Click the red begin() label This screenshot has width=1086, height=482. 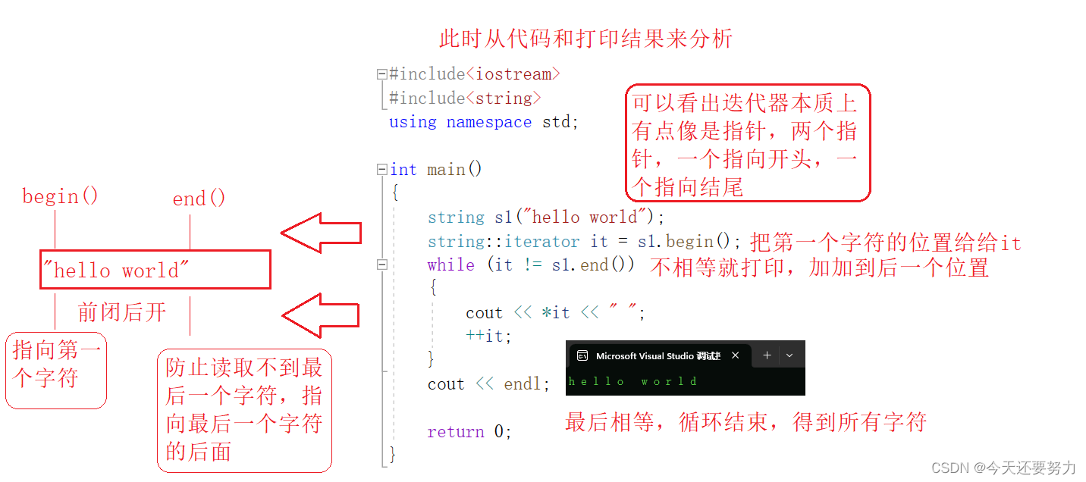pyautogui.click(x=60, y=197)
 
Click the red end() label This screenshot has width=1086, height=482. pyautogui.click(x=199, y=199)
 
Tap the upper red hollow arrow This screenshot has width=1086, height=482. pyautogui.click(x=321, y=233)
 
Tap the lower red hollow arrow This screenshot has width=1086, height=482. pyautogui.click(x=321, y=315)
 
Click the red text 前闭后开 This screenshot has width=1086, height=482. pyautogui.click(x=121, y=312)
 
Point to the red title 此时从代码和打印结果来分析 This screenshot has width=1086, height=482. pyautogui.click(x=585, y=39)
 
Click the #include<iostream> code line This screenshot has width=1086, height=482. pyautogui.click(x=475, y=74)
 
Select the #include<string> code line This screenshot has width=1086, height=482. pyautogui.click(x=465, y=99)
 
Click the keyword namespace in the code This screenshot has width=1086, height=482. pyautogui.click(x=488, y=122)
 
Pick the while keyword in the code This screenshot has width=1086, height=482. pyautogui.click(x=451, y=265)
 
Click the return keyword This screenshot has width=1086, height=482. pyautogui.click(x=456, y=432)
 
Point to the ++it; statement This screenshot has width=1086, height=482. pyautogui.click(x=488, y=336)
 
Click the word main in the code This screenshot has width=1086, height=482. pyautogui.click(x=446, y=170)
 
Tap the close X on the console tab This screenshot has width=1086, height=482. pyautogui.click(x=736, y=355)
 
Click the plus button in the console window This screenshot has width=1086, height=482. pyautogui.click(x=767, y=355)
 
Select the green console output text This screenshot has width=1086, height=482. pyautogui.click(x=632, y=381)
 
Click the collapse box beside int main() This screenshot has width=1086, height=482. pyautogui.click(x=382, y=169)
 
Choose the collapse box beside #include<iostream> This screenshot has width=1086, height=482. pyautogui.click(x=382, y=74)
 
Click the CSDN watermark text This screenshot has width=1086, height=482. pyautogui.click(x=1003, y=468)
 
